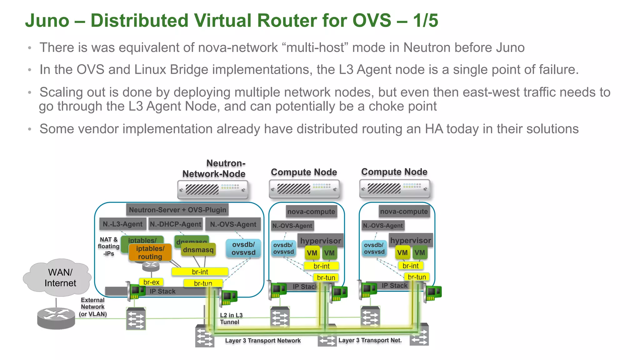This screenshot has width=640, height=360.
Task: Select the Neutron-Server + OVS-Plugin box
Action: tap(177, 210)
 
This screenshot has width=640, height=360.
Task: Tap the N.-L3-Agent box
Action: tap(122, 224)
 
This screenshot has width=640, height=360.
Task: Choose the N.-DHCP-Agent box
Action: tap(175, 224)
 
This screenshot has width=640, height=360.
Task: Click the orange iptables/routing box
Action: tap(150, 252)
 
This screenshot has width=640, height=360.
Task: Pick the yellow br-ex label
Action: tap(151, 282)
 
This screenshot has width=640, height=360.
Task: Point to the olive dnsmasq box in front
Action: tap(198, 250)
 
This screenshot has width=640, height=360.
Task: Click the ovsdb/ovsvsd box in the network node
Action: tap(243, 248)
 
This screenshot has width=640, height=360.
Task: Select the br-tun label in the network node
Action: tap(203, 283)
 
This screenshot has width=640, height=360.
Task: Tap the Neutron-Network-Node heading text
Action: tap(214, 168)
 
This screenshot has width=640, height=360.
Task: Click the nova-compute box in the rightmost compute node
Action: tap(404, 212)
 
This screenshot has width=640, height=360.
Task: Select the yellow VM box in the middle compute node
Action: tap(312, 253)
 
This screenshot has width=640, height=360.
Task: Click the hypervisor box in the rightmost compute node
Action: tap(411, 241)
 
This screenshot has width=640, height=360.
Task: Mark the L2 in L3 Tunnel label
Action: tap(231, 318)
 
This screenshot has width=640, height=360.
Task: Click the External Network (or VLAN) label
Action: tap(93, 307)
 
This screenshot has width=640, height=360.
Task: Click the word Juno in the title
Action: tap(47, 21)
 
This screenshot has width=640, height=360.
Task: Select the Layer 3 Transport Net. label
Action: tap(370, 340)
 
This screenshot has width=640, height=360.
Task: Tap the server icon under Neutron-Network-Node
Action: tap(212, 190)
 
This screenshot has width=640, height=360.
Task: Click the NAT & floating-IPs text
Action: tap(108, 246)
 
